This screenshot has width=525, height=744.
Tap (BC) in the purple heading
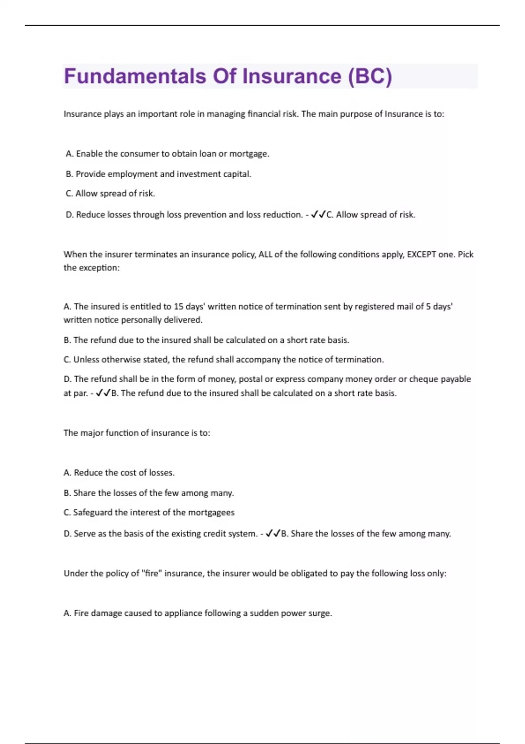(370, 76)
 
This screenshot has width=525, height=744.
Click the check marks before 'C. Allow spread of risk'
(318, 214)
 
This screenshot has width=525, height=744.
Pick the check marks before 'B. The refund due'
(103, 393)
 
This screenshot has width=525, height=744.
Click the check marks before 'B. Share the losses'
(273, 533)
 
